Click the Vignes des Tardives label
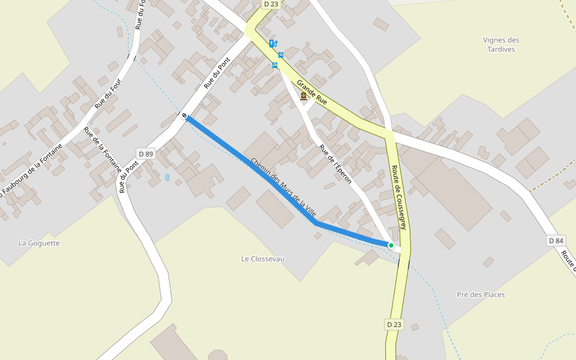[501, 44]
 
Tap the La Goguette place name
[39, 243]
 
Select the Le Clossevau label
[263, 259]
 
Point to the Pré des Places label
[481, 295]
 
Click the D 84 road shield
[556, 241]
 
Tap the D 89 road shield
[146, 154]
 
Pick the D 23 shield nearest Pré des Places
[394, 325]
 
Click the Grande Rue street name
[312, 92]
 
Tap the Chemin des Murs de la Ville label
[283, 188]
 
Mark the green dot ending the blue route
[391, 245]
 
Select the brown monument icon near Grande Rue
[304, 96]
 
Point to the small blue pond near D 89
[167, 178]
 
